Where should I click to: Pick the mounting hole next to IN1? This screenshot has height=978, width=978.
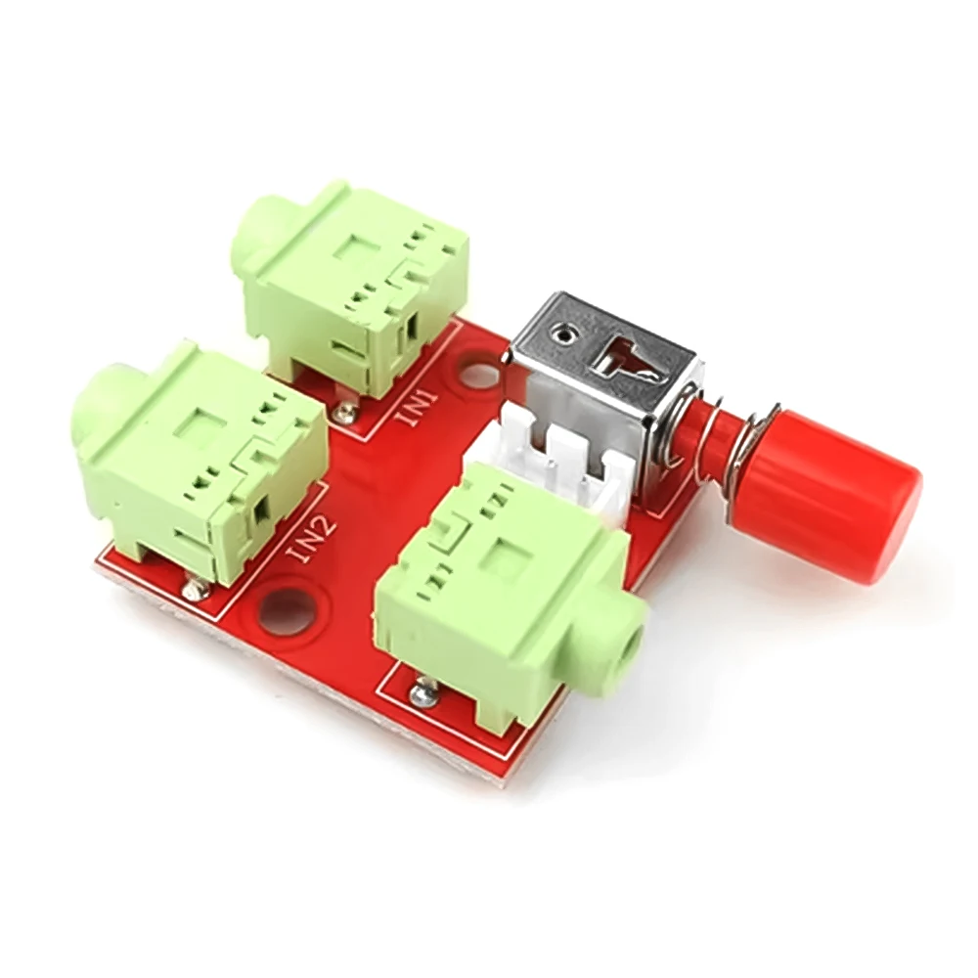(x=478, y=376)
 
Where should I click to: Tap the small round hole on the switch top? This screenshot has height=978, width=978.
(x=564, y=335)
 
